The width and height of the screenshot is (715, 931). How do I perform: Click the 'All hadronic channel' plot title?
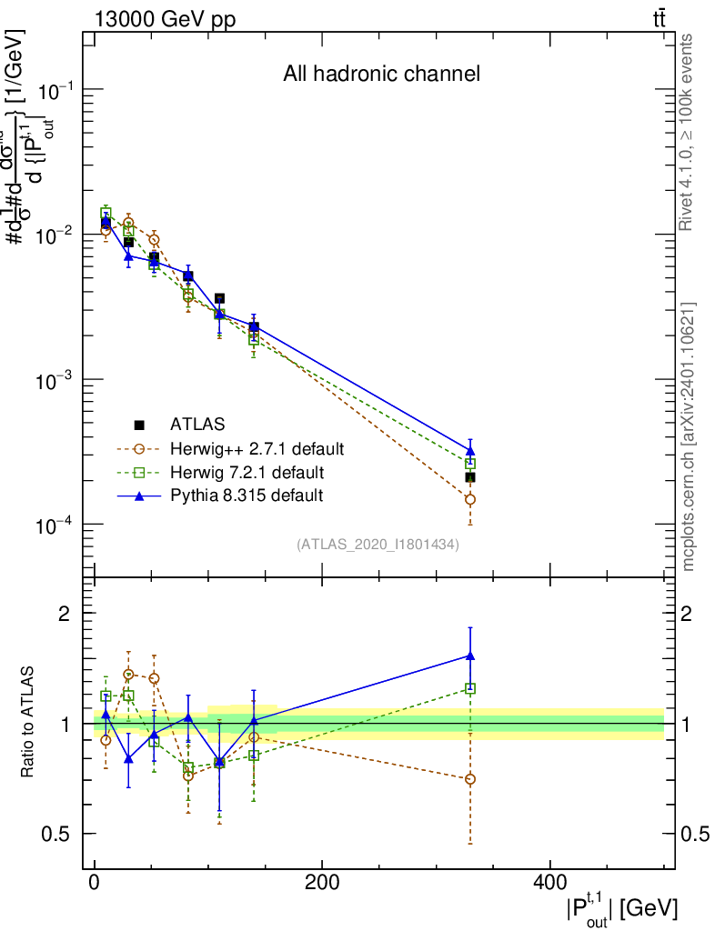pyautogui.click(x=381, y=74)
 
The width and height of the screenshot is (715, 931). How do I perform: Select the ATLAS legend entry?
pyautogui.click(x=196, y=424)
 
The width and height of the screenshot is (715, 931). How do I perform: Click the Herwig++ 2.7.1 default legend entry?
pyautogui.click(x=257, y=448)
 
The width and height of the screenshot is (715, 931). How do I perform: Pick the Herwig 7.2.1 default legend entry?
pyautogui.click(x=247, y=472)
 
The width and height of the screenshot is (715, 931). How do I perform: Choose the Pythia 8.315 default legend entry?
pyautogui.click(x=247, y=496)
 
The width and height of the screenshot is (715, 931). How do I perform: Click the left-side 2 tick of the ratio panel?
pyautogui.click(x=65, y=614)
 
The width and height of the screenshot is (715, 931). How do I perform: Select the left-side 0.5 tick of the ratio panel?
pyautogui.click(x=57, y=835)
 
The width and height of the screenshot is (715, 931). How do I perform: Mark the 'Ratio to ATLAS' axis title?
pyautogui.click(x=29, y=723)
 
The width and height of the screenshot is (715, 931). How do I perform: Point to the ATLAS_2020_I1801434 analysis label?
pyautogui.click(x=378, y=545)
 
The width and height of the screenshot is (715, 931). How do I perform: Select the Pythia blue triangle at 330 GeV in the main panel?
pyautogui.click(x=470, y=450)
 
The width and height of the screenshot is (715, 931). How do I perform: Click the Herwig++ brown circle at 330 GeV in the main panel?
pyautogui.click(x=470, y=499)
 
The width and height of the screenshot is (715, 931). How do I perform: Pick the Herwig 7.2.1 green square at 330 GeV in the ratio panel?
pyautogui.click(x=470, y=688)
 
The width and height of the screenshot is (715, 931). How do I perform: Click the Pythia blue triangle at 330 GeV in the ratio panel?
pyautogui.click(x=470, y=656)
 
